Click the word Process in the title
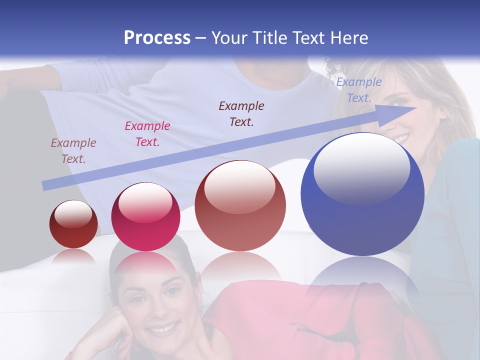tap(157, 38)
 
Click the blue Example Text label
tap(358, 90)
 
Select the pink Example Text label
tap(147, 134)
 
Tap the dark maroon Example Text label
tap(241, 113)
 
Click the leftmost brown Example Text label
tap(73, 151)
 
